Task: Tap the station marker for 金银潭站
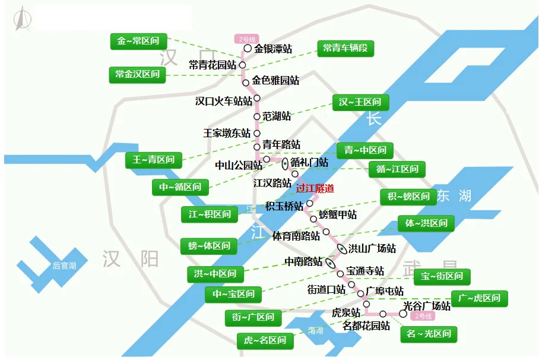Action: click(x=248, y=49)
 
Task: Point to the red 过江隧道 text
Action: click(x=315, y=188)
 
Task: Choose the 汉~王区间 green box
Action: click(x=360, y=102)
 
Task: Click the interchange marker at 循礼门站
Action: click(x=286, y=163)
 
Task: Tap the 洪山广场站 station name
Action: click(x=372, y=248)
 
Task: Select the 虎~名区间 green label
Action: click(x=265, y=340)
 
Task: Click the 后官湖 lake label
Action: click(x=64, y=266)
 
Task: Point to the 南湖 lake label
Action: click(x=316, y=331)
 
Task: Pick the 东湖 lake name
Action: click(x=454, y=195)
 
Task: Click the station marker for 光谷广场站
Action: click(x=403, y=313)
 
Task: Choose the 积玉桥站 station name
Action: click(x=284, y=206)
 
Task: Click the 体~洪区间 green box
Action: click(x=426, y=224)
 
